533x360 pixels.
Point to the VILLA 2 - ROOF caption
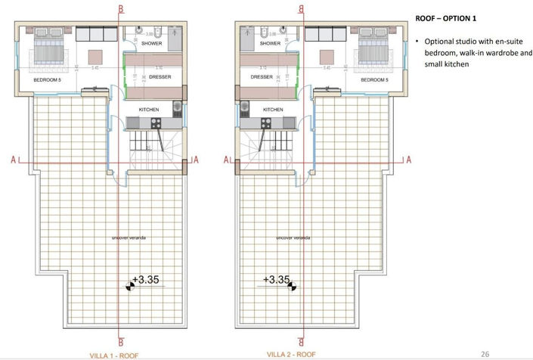click(292, 354)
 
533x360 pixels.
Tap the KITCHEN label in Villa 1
click(148, 110)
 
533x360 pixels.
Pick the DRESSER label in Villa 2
click(262, 77)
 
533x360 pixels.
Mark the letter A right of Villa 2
click(408, 160)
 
